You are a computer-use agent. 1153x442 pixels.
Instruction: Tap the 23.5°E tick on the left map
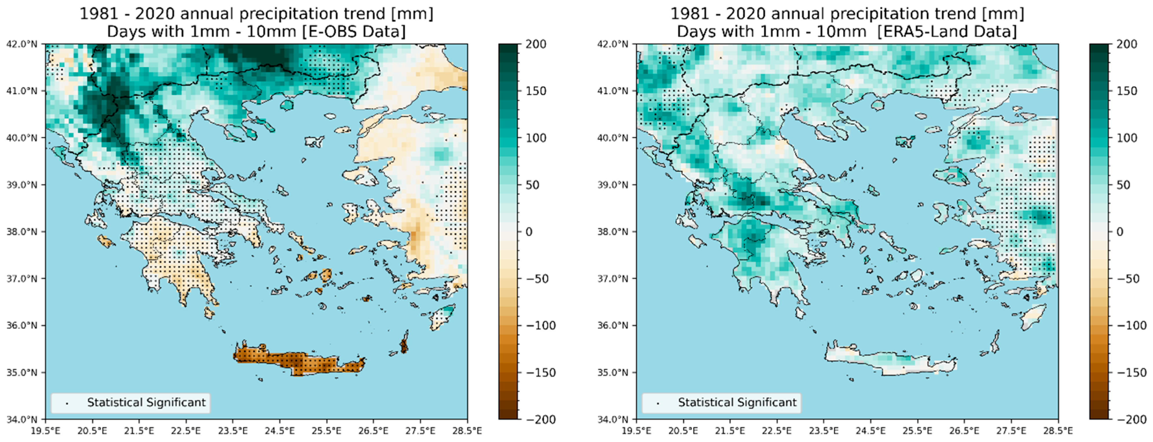(x=233, y=431)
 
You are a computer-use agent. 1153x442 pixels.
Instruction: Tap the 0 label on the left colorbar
(x=529, y=232)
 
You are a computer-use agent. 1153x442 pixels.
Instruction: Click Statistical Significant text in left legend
(x=146, y=403)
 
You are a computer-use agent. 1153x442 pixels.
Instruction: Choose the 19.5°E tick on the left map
(x=45, y=431)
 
